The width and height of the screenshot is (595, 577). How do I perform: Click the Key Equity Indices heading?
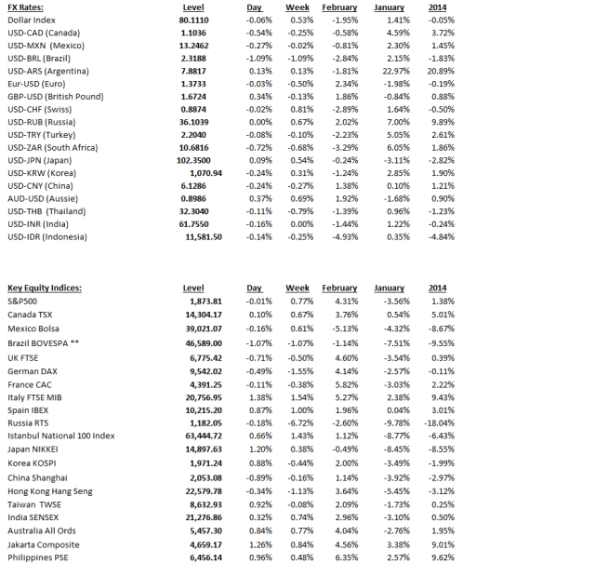tap(46, 288)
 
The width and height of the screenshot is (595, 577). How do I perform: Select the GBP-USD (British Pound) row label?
tap(55, 97)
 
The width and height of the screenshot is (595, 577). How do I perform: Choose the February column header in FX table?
tap(339, 7)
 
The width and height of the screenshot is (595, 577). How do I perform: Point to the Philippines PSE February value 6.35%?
tap(344, 557)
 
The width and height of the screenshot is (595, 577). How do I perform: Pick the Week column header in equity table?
tap(297, 288)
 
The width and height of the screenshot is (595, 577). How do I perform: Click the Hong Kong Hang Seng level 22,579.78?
tap(200, 491)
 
